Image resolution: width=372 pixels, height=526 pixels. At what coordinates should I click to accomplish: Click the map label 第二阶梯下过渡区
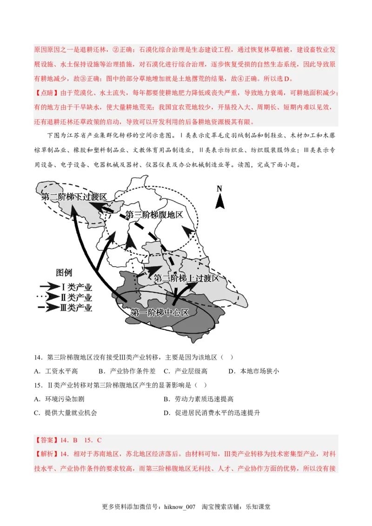tap(74, 197)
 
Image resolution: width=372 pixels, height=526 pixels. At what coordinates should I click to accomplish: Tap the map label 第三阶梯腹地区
tap(154, 215)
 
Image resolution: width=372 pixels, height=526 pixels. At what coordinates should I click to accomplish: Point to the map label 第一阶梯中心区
tap(159, 312)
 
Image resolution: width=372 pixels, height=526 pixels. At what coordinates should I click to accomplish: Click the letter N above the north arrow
tap(219, 189)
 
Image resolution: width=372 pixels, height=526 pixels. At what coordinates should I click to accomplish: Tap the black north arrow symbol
tap(219, 201)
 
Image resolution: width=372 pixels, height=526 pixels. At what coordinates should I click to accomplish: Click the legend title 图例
tap(64, 273)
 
